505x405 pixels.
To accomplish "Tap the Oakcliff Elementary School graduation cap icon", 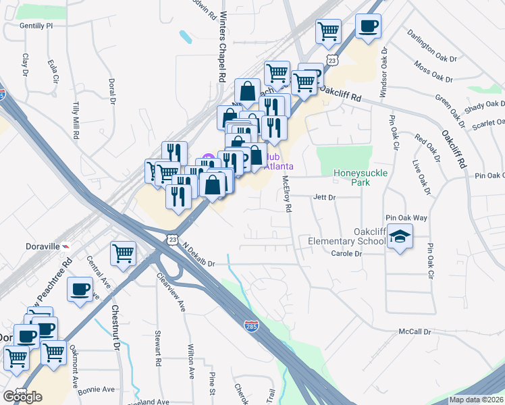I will tap(400, 236).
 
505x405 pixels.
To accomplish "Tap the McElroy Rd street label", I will tap(286, 194).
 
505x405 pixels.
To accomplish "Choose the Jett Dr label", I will tap(324, 197).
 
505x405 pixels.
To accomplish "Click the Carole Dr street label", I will tap(347, 254).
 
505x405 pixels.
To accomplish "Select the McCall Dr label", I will tap(415, 332).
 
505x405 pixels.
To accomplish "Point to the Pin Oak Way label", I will tap(406, 217).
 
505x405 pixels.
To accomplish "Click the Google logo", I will tap(22, 397).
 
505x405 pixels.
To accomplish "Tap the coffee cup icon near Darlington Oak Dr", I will tap(368, 26).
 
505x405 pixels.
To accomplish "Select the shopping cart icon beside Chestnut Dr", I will tap(123, 253).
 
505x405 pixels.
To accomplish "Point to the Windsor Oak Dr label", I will tap(383, 72).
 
